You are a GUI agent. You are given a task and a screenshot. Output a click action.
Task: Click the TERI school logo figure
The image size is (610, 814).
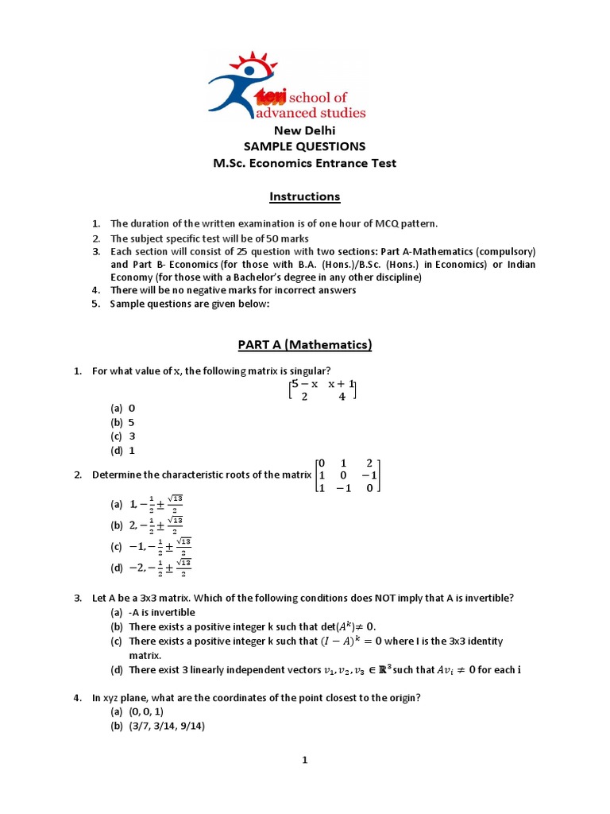click(238, 79)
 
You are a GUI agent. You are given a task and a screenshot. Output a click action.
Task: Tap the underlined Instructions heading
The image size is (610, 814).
click(305, 196)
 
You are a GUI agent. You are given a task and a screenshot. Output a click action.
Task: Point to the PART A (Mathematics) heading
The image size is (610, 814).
click(305, 345)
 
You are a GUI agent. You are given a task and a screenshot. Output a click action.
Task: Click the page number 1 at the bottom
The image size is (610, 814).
click(304, 761)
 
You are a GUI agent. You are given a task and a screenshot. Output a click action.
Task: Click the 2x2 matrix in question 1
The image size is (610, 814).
click(322, 390)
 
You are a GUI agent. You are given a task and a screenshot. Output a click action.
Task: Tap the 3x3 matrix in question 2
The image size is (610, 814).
click(348, 475)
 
